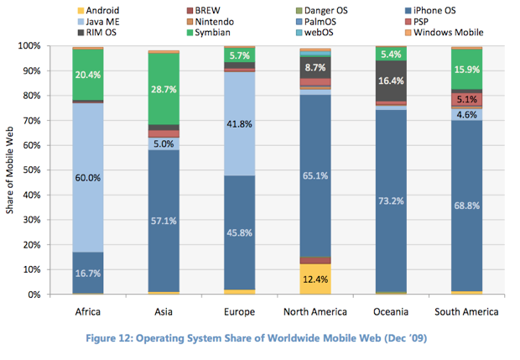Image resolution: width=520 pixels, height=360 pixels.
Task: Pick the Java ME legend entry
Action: [x=104, y=22]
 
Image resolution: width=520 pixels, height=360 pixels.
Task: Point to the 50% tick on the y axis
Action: [x=37, y=170]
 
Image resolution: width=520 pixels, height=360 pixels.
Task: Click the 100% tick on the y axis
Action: [x=34, y=45]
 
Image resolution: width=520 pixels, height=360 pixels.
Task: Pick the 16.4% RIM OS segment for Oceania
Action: [x=391, y=81]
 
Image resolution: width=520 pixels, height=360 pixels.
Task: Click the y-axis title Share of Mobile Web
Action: [x=10, y=170]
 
